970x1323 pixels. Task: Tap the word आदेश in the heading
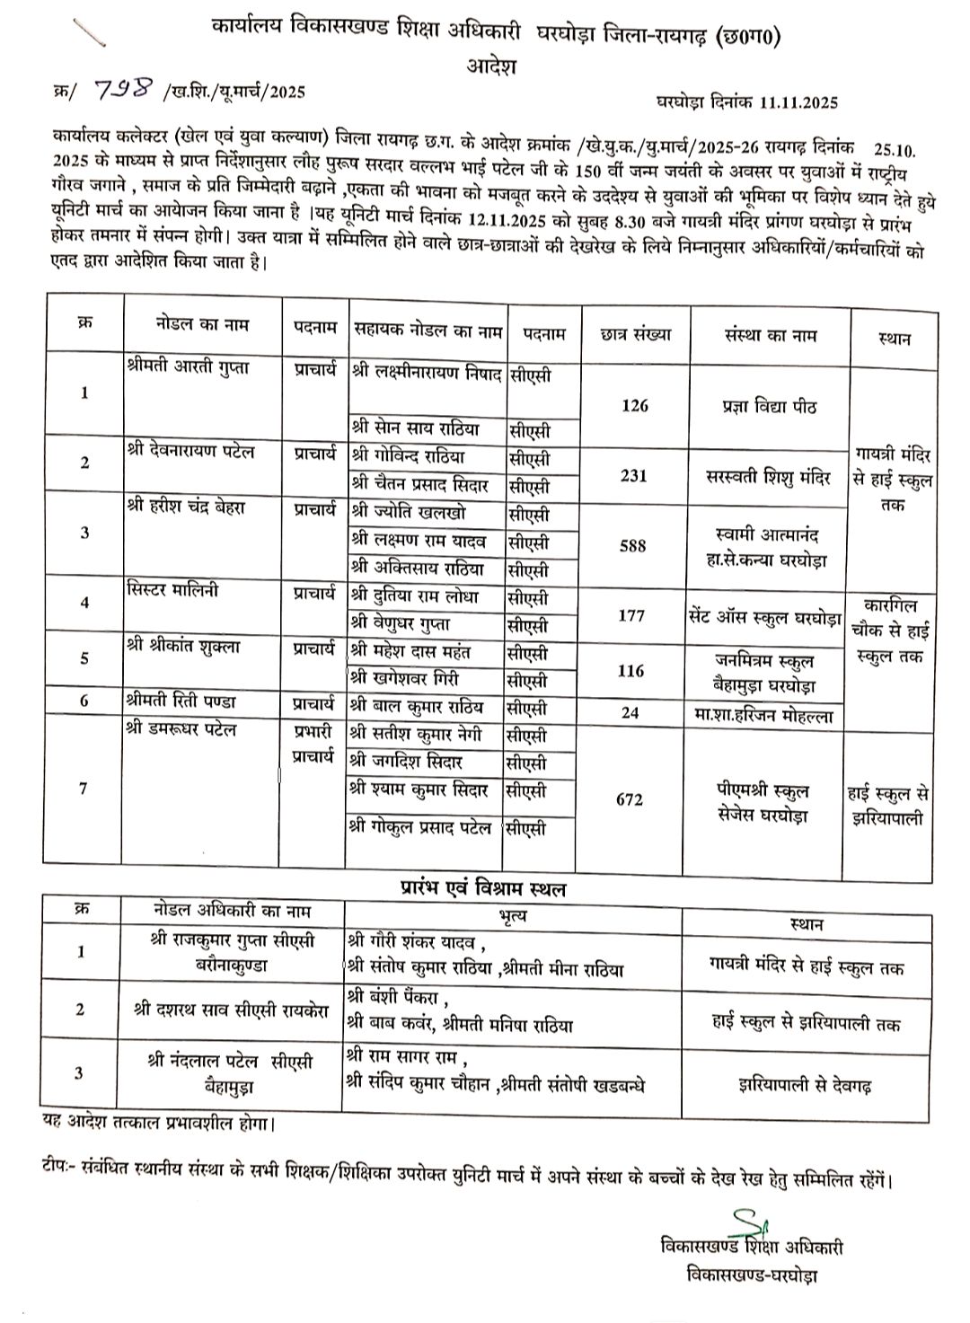point(490,65)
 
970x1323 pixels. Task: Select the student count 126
point(634,406)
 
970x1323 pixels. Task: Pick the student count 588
point(633,546)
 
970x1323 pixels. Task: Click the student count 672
point(630,798)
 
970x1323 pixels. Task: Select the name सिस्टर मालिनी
point(172,591)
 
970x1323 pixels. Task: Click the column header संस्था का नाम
point(770,335)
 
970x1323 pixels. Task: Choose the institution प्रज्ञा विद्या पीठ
point(770,406)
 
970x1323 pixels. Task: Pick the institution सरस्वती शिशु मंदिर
point(771,476)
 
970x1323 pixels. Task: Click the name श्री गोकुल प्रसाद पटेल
point(422,828)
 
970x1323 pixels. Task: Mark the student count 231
point(634,476)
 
